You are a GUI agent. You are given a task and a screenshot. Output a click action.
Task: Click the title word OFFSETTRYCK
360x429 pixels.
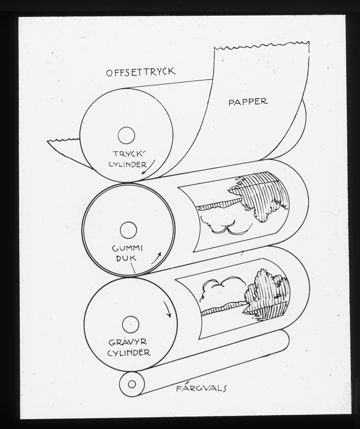141,72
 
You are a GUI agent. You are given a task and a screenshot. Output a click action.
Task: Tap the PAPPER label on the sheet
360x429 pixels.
248,102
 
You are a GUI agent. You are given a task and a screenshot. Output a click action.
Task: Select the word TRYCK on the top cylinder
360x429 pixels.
125,154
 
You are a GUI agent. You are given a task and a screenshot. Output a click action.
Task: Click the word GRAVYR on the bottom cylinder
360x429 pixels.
127,342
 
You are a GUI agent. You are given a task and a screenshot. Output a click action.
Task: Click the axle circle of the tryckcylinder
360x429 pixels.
126,135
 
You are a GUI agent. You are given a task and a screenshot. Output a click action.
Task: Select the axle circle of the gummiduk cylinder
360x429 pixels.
128,230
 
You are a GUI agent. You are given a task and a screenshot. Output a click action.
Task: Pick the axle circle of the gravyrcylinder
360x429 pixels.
130,324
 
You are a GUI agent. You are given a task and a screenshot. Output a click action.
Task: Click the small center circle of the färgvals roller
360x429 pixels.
132,384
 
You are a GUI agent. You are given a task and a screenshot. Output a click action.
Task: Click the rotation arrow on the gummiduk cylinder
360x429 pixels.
156,258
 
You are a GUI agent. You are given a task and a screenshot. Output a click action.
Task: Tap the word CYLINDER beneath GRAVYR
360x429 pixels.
129,352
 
